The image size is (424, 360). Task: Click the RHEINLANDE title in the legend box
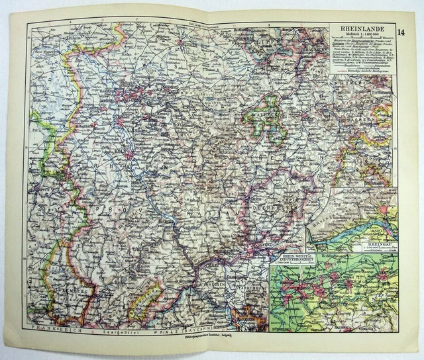click(360, 28)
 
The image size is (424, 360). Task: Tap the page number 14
click(402, 32)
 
